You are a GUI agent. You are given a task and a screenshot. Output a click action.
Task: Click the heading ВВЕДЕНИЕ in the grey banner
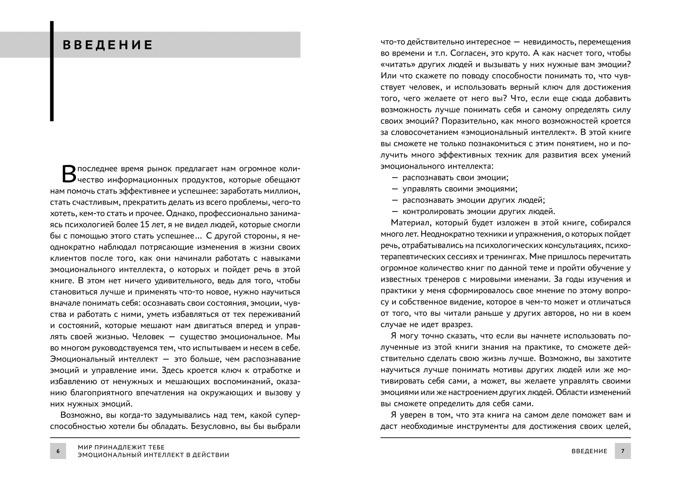[x=108, y=45]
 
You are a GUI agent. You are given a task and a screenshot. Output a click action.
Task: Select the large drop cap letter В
[x=69, y=174]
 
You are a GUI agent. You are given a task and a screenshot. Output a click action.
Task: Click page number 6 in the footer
[x=58, y=451]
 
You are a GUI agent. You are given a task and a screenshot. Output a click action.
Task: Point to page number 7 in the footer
[x=623, y=451]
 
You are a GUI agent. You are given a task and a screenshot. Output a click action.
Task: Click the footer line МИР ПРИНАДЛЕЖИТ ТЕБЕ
[x=121, y=447]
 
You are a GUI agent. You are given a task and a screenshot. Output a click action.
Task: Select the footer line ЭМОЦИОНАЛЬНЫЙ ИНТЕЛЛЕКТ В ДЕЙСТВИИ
[x=153, y=455]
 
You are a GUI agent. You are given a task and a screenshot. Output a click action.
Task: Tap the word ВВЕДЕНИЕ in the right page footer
[x=589, y=451]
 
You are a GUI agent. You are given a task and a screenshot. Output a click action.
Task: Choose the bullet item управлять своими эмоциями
[x=460, y=189]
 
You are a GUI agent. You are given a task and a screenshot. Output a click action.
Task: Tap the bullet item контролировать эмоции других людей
[x=479, y=211]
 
